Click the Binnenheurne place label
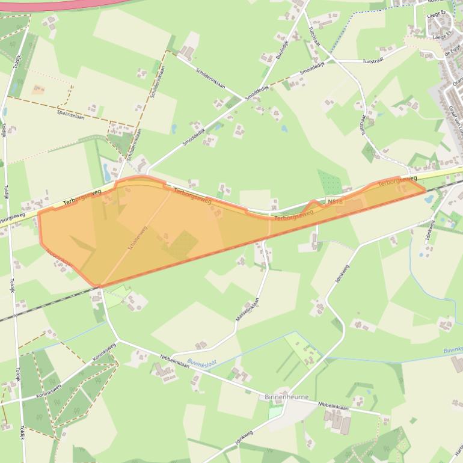(x=286, y=397)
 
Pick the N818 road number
(x=335, y=201)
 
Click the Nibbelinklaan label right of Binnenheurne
(x=333, y=407)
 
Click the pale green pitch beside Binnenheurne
(x=275, y=412)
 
